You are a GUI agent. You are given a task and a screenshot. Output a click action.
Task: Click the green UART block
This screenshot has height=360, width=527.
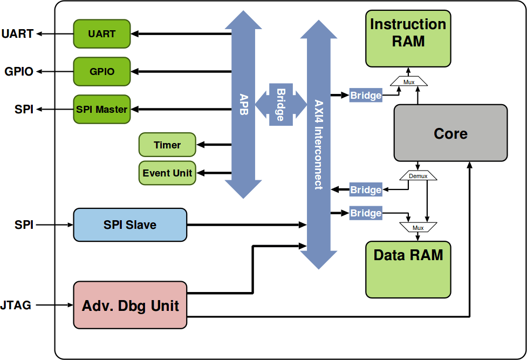point(102,33)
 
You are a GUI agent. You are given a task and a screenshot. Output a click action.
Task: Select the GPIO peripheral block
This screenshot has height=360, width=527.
point(102,71)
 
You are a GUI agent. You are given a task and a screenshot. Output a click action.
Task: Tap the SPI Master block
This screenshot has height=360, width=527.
point(102,109)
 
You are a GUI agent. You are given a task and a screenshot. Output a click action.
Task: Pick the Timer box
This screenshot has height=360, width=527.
point(167,145)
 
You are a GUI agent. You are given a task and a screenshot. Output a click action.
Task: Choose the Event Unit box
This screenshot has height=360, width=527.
point(167,173)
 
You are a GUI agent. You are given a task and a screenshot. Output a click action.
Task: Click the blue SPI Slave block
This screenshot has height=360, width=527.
point(130,225)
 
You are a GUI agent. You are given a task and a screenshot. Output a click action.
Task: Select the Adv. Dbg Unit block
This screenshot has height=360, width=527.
point(130,305)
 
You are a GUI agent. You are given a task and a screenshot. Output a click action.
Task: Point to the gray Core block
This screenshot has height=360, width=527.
point(450,133)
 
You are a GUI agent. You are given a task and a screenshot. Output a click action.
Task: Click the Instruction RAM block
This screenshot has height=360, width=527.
point(408,38)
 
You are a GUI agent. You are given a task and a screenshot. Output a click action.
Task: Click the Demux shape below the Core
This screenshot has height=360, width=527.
point(418,176)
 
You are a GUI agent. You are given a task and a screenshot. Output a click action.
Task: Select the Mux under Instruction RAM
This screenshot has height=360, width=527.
point(409,81)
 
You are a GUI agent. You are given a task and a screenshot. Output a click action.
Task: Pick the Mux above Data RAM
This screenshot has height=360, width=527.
point(418,227)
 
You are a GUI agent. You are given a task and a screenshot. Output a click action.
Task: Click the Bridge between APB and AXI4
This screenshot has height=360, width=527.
point(280,105)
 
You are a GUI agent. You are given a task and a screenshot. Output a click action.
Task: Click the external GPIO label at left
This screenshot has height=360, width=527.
point(19,71)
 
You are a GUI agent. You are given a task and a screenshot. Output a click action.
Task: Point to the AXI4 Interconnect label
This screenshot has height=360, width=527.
point(318,143)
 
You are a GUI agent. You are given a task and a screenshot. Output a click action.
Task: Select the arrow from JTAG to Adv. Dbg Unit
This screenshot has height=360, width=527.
point(54,305)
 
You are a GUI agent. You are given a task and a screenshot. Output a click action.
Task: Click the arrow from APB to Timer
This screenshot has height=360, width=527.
point(214,145)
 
